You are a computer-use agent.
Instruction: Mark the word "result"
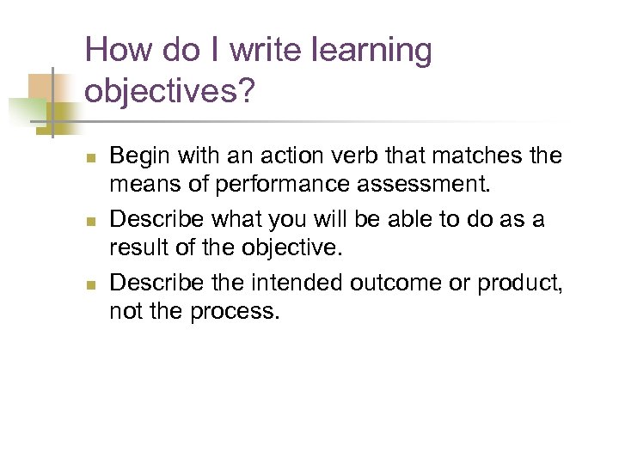[x=135, y=248]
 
